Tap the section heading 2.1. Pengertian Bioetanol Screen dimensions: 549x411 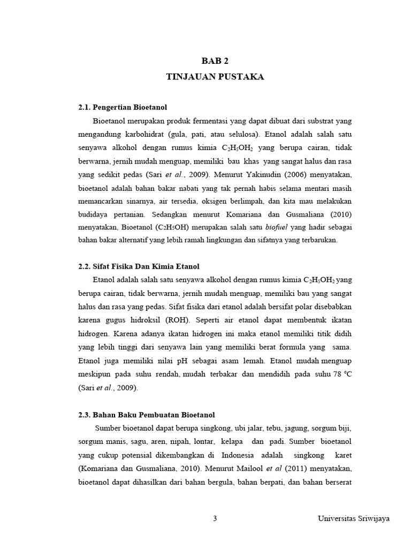[123, 108]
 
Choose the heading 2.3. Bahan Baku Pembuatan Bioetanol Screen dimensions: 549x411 [146, 415]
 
